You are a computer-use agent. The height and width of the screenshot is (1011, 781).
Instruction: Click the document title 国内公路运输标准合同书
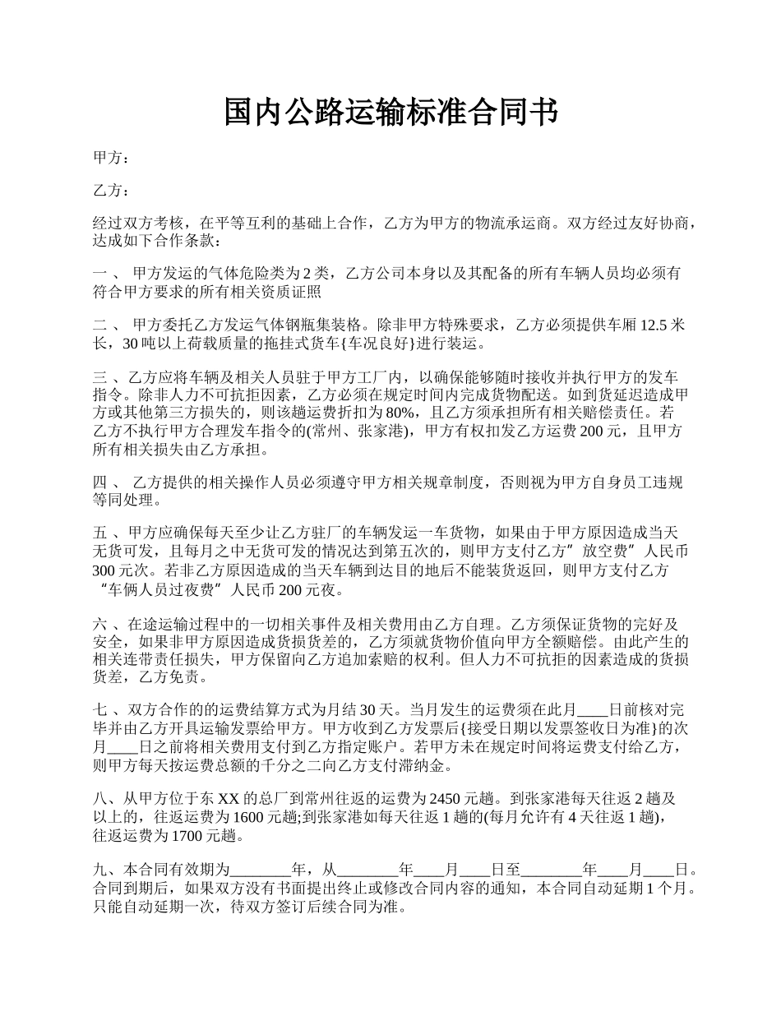pos(390,113)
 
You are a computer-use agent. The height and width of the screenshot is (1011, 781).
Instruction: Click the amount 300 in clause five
pos(107,570)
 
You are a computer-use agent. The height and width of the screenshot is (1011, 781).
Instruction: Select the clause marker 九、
pos(107,869)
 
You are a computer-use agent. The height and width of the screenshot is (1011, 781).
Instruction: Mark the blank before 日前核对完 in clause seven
pos(593,710)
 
